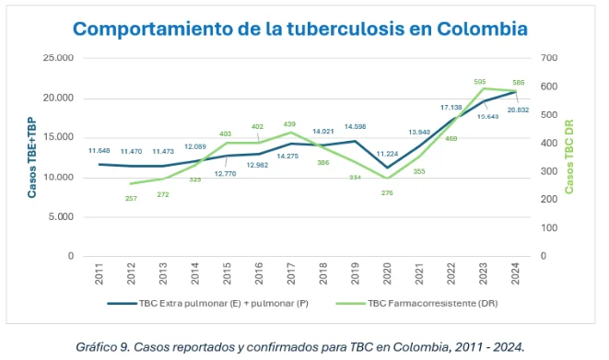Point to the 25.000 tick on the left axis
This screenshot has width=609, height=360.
coord(59,58)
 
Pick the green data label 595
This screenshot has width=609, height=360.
coord(480,82)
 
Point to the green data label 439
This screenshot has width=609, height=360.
coord(290,123)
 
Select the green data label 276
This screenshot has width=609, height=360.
coord(387,192)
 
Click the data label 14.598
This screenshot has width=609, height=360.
coord(355,127)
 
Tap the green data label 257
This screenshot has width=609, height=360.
coord(131,197)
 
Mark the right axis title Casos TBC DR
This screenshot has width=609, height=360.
coord(568,157)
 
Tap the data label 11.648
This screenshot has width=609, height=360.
coord(99,150)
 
